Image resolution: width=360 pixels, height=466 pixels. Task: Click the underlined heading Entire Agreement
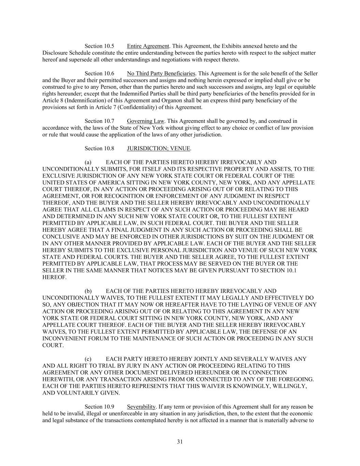(x=148, y=46)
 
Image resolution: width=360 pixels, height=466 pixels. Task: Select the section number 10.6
(x=109, y=73)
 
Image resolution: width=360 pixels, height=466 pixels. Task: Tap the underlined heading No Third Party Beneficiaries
(x=161, y=73)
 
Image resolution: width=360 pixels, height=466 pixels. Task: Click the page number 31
(x=180, y=442)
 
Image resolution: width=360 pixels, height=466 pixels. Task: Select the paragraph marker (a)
(x=88, y=162)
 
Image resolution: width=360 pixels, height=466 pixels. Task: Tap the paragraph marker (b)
(x=88, y=291)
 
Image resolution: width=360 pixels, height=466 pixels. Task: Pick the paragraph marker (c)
(x=88, y=359)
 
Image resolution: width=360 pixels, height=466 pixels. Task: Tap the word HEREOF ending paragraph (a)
(x=54, y=278)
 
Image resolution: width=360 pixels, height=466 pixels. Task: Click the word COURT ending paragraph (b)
(x=53, y=345)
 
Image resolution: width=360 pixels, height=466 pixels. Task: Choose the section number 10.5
(x=109, y=46)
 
